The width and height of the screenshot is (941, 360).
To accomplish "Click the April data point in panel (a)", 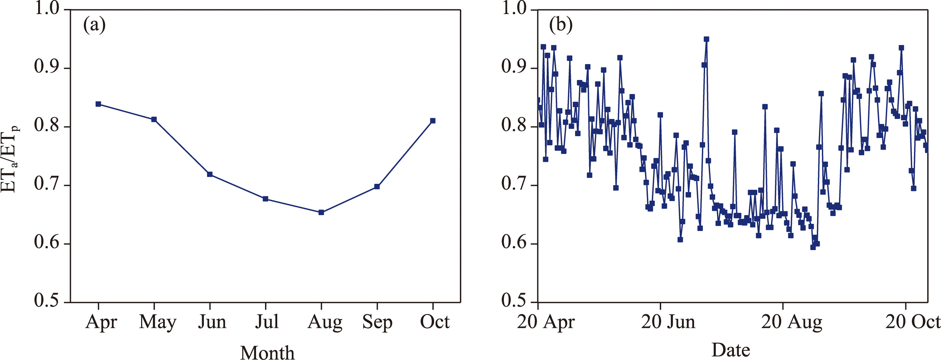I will tap(98, 104).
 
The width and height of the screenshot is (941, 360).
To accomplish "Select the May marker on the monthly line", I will tap(154, 119).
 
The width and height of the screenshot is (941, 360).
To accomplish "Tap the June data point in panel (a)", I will tap(210, 174).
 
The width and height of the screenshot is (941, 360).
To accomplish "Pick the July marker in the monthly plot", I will tap(266, 199).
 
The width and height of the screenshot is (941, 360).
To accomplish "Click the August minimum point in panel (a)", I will tap(321, 212).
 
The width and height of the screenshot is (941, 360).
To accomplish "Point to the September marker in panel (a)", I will tap(377, 187).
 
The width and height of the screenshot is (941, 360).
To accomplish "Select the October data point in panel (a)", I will tap(433, 121).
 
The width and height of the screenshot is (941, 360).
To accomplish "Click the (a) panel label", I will tap(94, 26).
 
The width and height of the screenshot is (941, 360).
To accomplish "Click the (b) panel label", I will tap(561, 26).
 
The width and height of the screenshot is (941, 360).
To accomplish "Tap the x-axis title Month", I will tap(267, 352).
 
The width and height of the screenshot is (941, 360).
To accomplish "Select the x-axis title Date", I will tap(731, 350).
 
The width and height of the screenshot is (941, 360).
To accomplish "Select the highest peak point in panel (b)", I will tap(706, 39).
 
